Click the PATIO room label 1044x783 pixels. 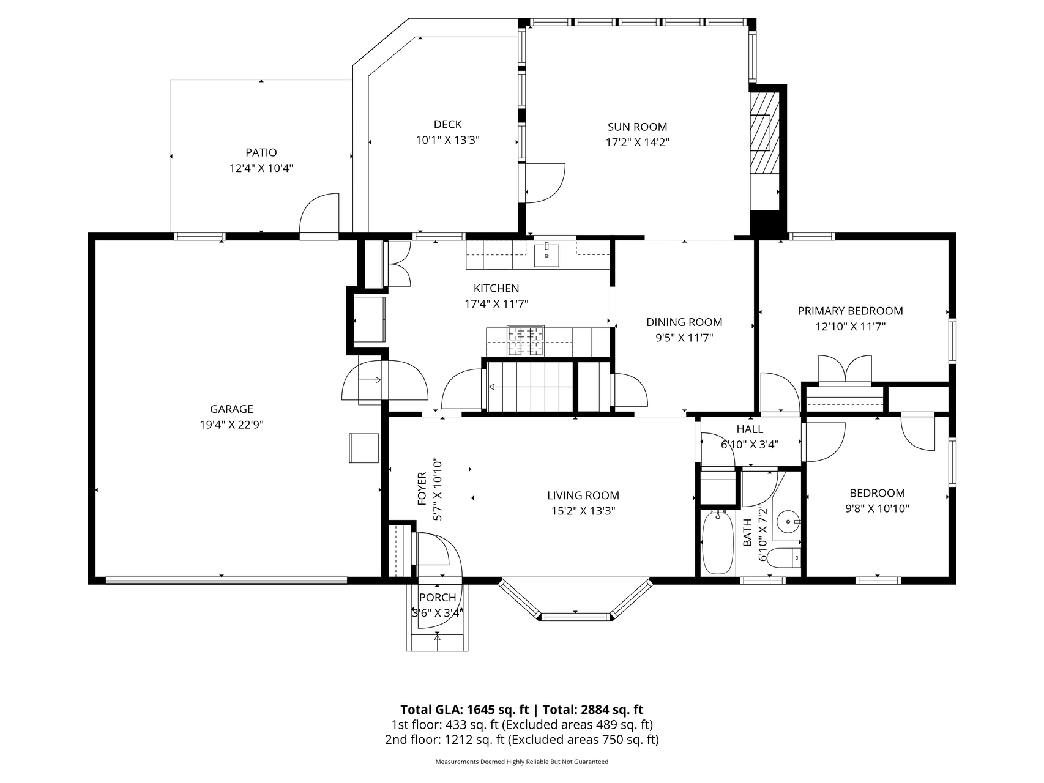pos(261,152)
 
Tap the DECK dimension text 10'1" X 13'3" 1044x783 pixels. pos(447,140)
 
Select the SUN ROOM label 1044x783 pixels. pos(637,127)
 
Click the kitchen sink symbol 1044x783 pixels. pos(546,255)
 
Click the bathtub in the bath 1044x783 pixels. pos(718,543)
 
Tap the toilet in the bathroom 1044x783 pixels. pos(784,557)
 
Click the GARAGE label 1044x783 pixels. pos(231,409)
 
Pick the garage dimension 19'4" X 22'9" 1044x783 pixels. pos(231,425)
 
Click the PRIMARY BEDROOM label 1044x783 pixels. pos(850,311)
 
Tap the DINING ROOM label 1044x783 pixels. pos(684,322)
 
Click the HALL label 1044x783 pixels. pos(750,429)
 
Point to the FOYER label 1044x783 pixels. pos(422,489)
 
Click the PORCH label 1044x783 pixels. pos(438,598)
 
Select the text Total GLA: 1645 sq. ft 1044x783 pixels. pos(464,710)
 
